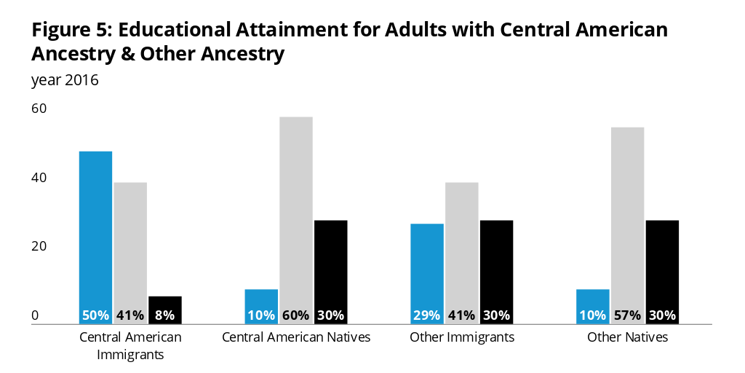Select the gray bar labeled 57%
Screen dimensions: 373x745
point(628,219)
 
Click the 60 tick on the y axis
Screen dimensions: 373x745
point(39,109)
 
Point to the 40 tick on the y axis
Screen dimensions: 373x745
point(39,178)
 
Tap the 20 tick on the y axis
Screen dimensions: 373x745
point(39,246)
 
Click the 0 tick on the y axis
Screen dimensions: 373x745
point(35,315)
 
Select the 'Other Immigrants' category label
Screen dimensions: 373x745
point(462,337)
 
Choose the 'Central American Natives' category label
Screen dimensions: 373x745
point(296,337)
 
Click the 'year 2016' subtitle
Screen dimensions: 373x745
point(65,80)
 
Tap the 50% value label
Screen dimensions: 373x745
point(95,315)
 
